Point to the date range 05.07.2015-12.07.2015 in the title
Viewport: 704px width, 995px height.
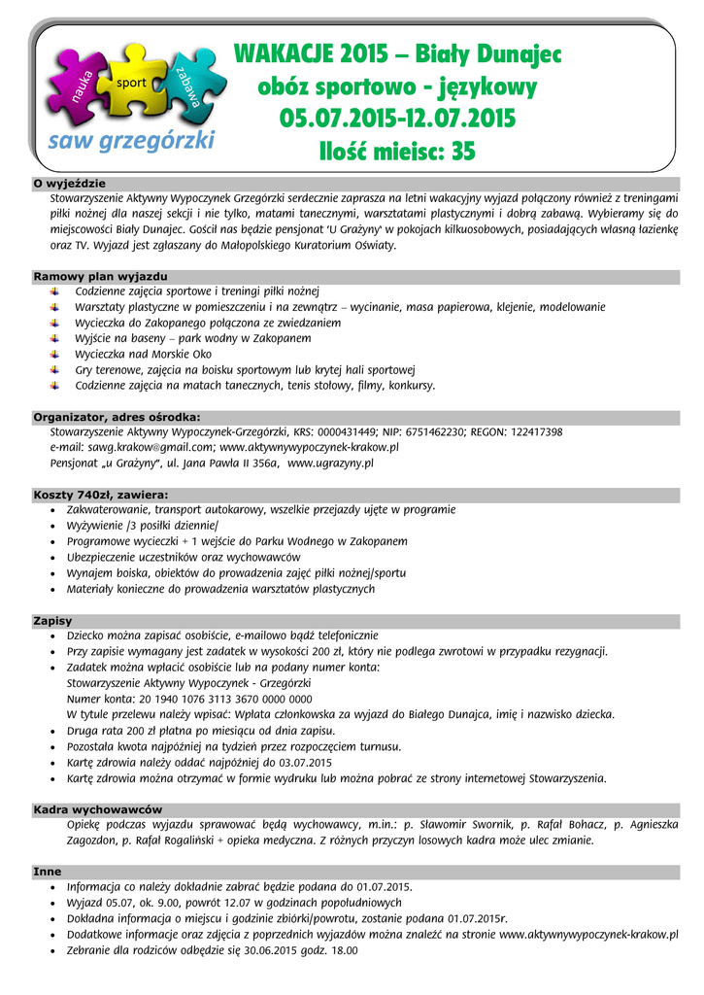[x=397, y=120]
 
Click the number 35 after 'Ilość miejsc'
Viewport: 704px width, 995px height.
[x=463, y=152]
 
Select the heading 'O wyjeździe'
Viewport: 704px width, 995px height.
[x=70, y=184]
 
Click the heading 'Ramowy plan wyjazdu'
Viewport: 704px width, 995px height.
[x=101, y=276]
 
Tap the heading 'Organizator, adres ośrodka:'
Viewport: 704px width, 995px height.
[x=117, y=417]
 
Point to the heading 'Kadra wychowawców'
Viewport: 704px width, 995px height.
[x=98, y=808]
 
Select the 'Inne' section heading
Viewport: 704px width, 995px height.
[x=48, y=872]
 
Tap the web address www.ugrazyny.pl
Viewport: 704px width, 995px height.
[x=331, y=463]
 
